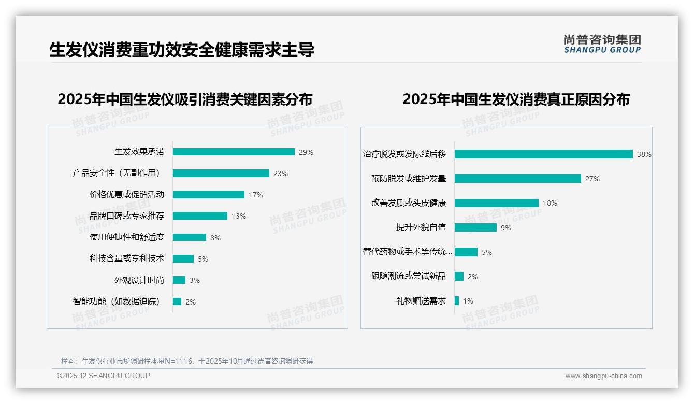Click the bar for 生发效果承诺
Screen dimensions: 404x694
[x=234, y=152]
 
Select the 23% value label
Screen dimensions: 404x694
[x=281, y=174]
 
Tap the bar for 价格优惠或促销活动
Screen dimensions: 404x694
[x=209, y=195]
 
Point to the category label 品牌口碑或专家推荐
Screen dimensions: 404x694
[x=127, y=216]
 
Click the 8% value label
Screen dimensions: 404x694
[x=215, y=238]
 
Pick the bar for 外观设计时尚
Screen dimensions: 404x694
[x=179, y=280]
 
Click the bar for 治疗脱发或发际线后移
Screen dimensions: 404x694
[x=544, y=154]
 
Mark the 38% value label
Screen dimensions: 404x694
[x=644, y=154]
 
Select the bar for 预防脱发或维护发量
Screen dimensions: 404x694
[x=518, y=179]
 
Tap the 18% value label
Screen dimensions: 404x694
[x=550, y=203]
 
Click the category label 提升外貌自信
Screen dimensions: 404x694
[x=421, y=227]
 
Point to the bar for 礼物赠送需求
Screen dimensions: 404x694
[x=457, y=301]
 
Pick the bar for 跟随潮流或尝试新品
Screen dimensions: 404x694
[x=459, y=277]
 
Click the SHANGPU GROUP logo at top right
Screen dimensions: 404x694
[x=602, y=44]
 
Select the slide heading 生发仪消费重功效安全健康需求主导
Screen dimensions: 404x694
[x=182, y=50]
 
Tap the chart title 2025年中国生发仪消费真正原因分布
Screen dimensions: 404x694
[x=516, y=99]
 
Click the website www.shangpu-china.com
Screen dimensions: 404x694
[x=603, y=376]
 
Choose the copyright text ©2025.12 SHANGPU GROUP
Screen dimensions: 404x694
[x=104, y=376]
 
